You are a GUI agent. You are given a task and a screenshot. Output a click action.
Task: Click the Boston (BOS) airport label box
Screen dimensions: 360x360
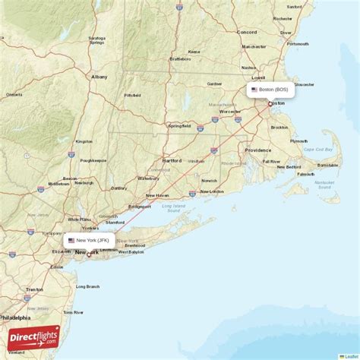(x=270, y=90)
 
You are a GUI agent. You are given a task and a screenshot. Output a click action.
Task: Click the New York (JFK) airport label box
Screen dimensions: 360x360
(x=90, y=240)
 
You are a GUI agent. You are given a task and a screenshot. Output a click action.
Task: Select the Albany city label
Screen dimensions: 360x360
(x=99, y=77)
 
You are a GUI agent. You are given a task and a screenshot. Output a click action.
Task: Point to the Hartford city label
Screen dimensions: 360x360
(x=172, y=161)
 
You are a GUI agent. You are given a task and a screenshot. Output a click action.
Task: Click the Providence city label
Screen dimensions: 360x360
(x=257, y=150)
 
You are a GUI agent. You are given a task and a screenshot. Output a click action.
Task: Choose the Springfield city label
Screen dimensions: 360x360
(x=179, y=126)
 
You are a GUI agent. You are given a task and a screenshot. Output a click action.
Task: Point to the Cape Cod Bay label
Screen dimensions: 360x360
(x=319, y=150)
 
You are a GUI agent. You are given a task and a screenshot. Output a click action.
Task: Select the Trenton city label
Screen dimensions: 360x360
(x=34, y=289)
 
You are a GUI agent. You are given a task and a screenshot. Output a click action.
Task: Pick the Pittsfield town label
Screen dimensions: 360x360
(x=133, y=95)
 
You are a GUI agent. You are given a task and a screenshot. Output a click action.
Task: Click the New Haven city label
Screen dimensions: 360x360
(x=156, y=195)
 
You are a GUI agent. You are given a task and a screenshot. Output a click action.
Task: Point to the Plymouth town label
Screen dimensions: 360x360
(x=298, y=141)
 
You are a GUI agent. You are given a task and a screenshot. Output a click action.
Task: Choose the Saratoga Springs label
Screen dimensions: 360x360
(x=96, y=39)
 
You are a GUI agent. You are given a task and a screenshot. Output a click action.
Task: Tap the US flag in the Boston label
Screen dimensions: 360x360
(x=254, y=90)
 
